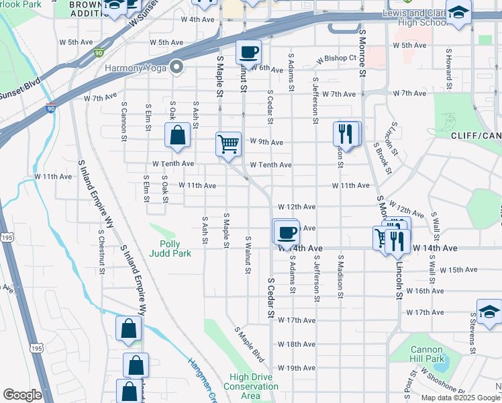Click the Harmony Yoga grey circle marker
(x=177, y=67)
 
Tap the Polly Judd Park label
(x=175, y=249)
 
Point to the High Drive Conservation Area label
(x=250, y=386)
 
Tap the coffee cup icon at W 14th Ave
(x=287, y=232)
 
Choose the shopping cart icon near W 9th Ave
(x=228, y=144)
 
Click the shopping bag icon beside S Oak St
(x=177, y=135)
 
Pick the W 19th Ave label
(x=296, y=368)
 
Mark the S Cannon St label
(x=124, y=122)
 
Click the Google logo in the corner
(x=22, y=395)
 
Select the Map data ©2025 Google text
(x=459, y=398)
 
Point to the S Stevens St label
(x=474, y=338)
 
